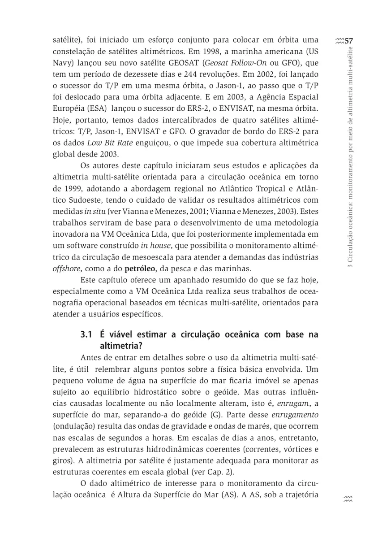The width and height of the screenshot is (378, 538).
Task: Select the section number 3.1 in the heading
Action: coord(86,334)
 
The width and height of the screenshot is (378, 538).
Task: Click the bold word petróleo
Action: coord(139,269)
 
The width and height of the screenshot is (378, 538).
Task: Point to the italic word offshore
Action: coord(64,269)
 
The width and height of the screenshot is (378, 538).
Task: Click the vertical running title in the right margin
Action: coord(350,157)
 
